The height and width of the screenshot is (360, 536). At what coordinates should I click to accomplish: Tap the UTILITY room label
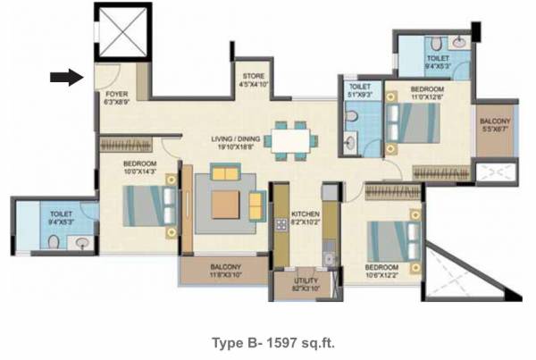tap(306, 283)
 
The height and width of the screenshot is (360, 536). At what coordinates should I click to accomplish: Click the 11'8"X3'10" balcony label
tap(225, 270)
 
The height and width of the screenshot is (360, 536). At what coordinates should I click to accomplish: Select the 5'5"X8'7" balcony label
tap(494, 124)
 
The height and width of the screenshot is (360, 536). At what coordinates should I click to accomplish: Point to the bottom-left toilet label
tap(61, 217)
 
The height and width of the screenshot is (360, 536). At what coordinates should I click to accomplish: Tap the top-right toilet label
tap(437, 61)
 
